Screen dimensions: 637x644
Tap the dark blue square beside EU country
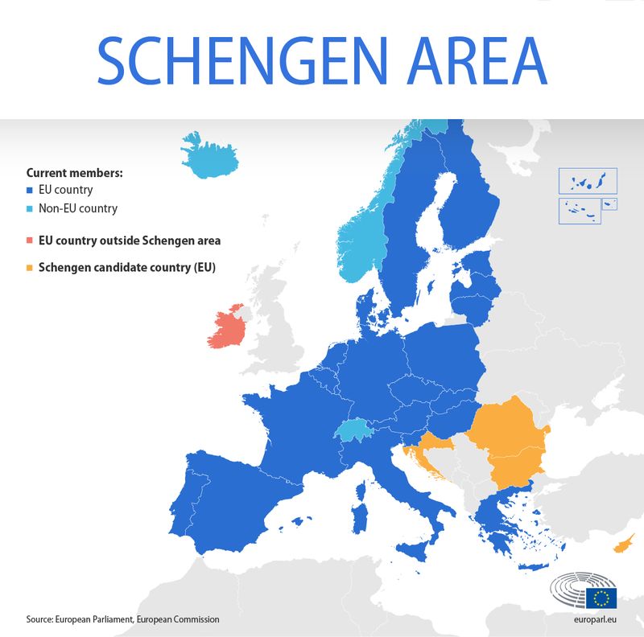[30, 191]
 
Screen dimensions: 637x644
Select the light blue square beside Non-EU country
[30, 209]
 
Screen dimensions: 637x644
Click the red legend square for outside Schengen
[30, 240]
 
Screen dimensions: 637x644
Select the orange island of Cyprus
[623, 546]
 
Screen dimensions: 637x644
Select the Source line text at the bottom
[122, 619]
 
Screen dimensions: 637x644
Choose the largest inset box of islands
[587, 181]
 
